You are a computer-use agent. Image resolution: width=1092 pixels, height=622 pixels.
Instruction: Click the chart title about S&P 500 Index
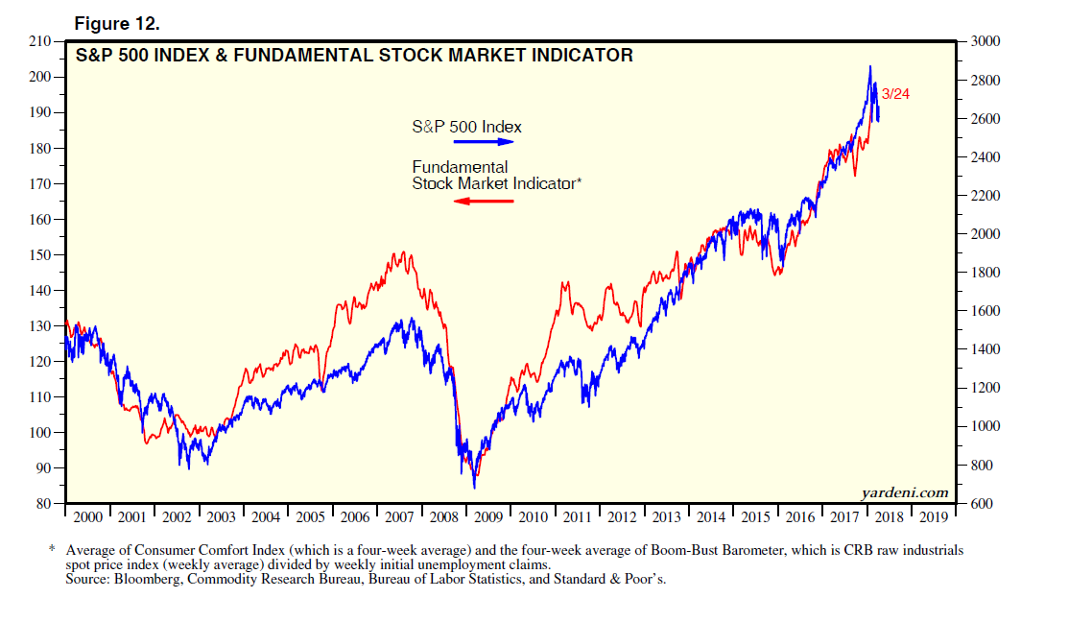coord(354,56)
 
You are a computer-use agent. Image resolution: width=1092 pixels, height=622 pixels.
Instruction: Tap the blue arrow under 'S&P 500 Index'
coord(486,142)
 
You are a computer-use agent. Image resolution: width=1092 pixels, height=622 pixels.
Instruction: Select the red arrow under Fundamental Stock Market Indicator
coord(484,201)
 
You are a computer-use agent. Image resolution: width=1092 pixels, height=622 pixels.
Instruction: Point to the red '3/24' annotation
coord(896,94)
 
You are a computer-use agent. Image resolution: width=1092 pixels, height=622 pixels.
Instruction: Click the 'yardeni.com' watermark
coord(905,492)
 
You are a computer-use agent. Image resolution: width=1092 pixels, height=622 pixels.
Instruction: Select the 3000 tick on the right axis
coord(987,41)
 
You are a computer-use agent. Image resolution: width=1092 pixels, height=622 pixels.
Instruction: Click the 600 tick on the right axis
coord(984,504)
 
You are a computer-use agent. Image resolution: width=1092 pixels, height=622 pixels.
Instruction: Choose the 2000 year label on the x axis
coord(87,517)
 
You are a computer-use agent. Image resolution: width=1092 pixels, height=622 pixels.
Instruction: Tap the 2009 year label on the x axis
coord(488,517)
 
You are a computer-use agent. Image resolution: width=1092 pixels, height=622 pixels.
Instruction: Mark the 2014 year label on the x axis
coord(711,517)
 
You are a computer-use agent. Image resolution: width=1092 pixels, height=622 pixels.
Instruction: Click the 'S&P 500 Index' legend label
coord(466,126)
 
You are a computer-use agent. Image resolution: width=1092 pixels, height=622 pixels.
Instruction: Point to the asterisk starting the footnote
coord(52,550)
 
